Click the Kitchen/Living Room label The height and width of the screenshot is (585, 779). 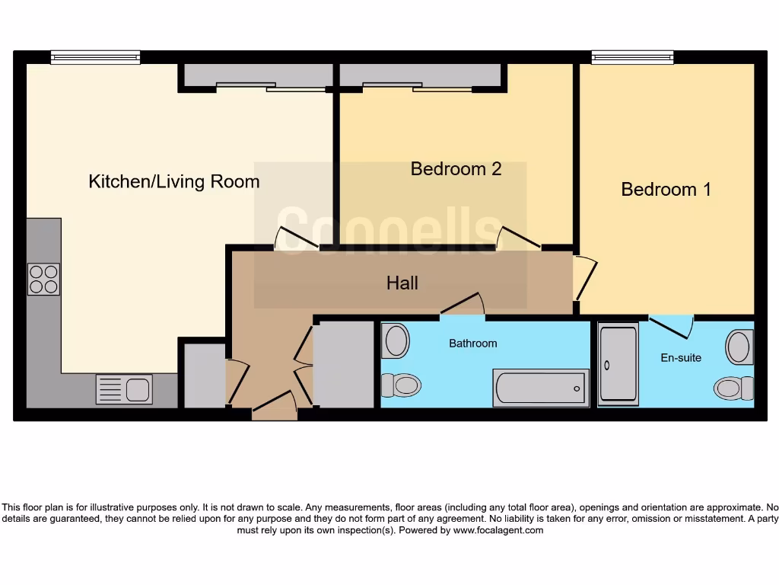174,182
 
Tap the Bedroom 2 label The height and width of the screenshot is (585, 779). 456,169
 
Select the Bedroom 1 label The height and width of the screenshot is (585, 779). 666,190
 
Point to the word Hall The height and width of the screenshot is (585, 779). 402,283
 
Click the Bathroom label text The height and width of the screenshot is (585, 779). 472,344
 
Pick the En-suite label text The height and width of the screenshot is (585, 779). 681,357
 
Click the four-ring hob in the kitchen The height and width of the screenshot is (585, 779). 43,279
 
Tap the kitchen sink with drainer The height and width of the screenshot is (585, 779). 124,389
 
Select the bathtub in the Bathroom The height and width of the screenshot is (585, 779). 541,388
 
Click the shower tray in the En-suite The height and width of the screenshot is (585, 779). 618,363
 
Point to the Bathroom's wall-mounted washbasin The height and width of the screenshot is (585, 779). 396,340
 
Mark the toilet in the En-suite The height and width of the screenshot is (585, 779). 733,388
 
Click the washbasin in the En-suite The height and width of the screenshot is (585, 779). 739,347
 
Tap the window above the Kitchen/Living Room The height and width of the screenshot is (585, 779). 95,57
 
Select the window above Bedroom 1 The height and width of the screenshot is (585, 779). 633,57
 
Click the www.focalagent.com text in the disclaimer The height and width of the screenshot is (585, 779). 498,530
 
